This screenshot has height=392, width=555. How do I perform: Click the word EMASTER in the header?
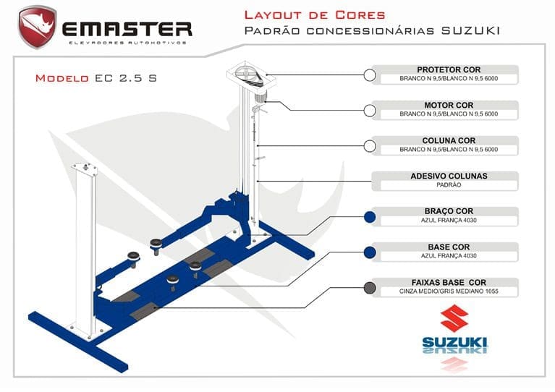click(127, 28)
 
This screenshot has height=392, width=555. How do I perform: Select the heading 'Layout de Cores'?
click(314, 14)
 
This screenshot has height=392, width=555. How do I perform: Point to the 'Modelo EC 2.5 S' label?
click(96, 78)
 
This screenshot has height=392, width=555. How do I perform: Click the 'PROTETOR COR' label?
click(449, 69)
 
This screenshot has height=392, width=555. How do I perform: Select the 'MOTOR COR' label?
click(449, 105)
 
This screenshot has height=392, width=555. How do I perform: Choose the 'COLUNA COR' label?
click(449, 140)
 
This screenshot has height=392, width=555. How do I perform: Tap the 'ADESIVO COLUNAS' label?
click(449, 176)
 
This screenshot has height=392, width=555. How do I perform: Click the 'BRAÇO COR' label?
click(449, 211)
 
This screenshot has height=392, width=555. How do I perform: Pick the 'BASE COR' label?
click(449, 247)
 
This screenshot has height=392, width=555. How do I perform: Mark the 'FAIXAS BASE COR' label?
click(449, 282)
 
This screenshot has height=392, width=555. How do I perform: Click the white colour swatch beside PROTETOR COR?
click(369, 74)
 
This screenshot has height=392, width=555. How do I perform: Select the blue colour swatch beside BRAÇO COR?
click(369, 216)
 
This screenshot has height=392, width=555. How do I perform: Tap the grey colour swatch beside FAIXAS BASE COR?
click(369, 287)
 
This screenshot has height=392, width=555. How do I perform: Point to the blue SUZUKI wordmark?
click(455, 341)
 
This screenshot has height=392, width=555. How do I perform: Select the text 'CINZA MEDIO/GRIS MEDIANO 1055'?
click(449, 291)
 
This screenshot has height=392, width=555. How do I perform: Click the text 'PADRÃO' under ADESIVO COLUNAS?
click(449, 185)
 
